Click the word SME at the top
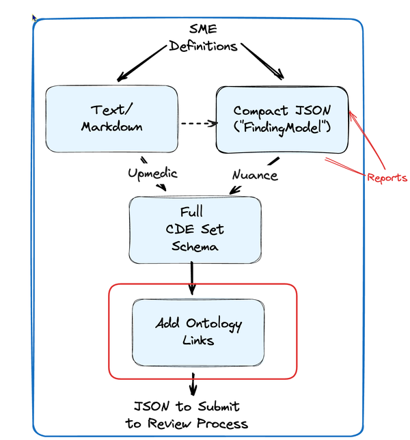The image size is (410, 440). tap(203, 29)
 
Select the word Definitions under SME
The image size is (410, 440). tap(203, 46)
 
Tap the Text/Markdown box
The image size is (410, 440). tap(112, 118)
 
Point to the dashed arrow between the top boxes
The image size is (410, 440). tap(198, 124)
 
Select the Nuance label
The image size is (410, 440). tap(254, 175)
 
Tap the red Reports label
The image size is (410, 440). tap(387, 178)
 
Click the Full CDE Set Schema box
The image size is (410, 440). tap(195, 230)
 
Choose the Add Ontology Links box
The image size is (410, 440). tap(198, 331)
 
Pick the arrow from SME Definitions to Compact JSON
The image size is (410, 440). tap(263, 61)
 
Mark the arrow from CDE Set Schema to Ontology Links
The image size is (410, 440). tap(192, 278)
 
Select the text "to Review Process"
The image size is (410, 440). tap(187, 424)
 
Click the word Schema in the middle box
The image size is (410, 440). tap(195, 247)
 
